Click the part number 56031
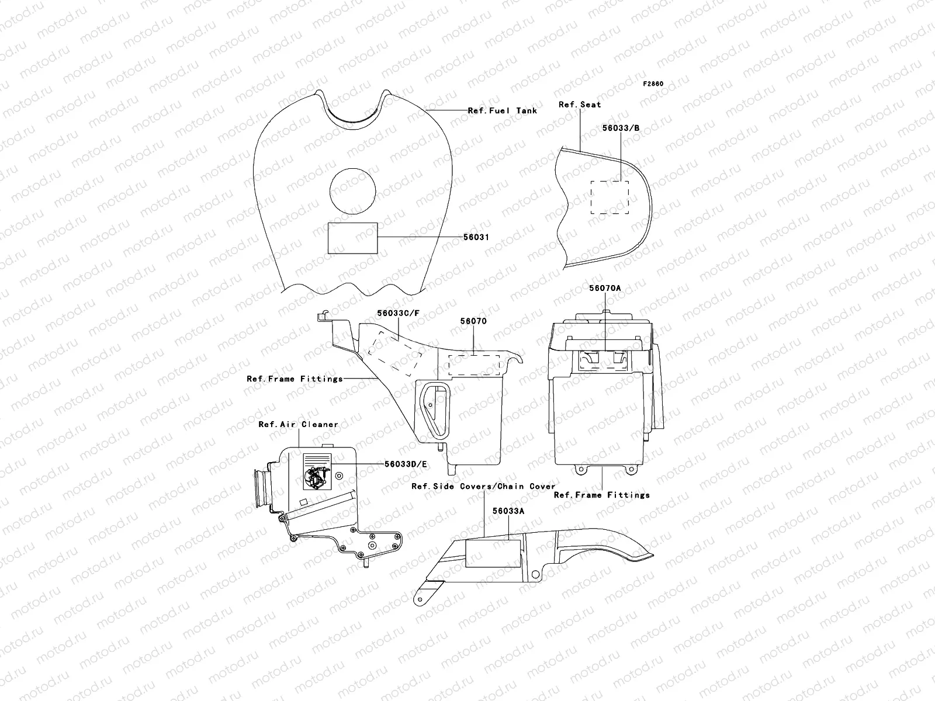tap(477, 237)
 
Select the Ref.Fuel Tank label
tap(502, 110)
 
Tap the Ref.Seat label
tap(580, 105)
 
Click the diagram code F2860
tap(653, 84)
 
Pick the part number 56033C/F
tap(398, 313)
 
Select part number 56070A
tap(605, 288)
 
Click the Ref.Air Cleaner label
tap(298, 424)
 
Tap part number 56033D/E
tap(406, 464)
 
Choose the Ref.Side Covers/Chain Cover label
tap(483, 486)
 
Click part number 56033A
tap(508, 511)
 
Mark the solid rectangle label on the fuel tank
tap(352, 238)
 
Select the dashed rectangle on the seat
tap(610, 197)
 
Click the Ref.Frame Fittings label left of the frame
tap(295, 379)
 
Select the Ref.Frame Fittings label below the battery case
tap(601, 495)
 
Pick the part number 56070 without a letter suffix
tap(473, 321)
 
